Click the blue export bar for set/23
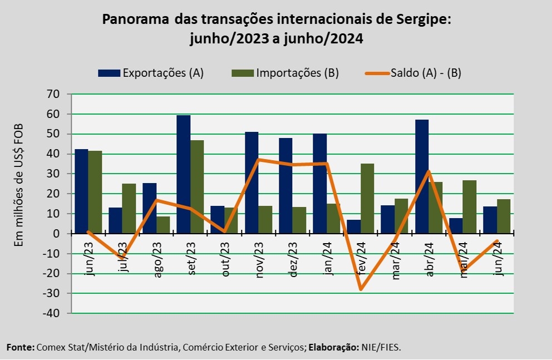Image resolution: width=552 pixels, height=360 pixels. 184,174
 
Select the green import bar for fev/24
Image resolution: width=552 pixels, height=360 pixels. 367,199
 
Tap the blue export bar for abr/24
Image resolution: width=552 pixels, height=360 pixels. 422,176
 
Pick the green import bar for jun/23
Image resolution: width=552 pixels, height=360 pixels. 95,192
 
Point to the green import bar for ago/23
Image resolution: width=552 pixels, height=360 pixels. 163,225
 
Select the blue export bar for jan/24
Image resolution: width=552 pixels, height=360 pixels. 320,184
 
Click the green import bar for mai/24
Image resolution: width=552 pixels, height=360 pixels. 470,206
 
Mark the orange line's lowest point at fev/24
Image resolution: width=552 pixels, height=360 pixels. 361,289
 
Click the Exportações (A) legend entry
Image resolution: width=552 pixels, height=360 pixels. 151,73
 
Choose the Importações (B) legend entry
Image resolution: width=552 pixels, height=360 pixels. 284,73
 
